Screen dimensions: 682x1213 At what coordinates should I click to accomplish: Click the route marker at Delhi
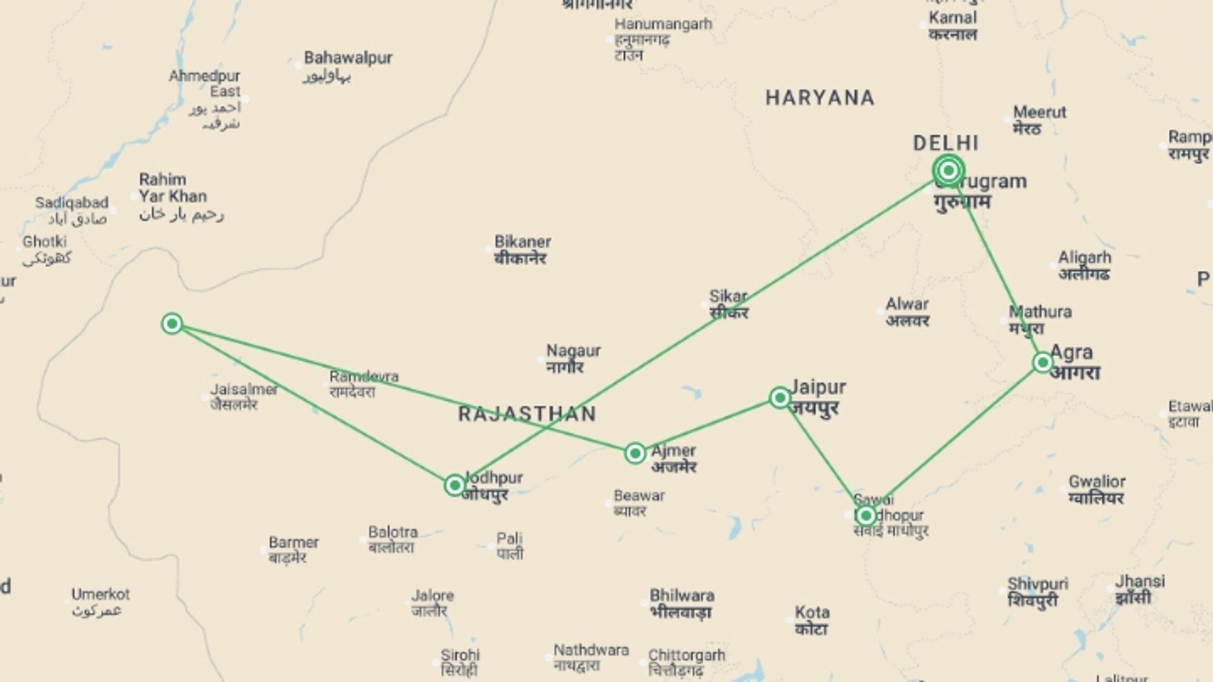click(x=948, y=170)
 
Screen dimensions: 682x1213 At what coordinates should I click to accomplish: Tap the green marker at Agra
click(x=1043, y=362)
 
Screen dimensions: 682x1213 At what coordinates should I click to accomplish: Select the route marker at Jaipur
click(x=780, y=397)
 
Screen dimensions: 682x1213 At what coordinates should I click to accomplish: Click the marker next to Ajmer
click(x=635, y=453)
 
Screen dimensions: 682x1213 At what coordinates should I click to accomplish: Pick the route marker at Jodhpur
click(x=455, y=485)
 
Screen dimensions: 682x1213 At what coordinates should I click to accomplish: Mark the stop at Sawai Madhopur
click(x=866, y=515)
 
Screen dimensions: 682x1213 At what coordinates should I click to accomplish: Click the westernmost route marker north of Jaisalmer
click(x=172, y=324)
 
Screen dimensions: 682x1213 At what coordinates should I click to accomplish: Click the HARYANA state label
click(x=819, y=98)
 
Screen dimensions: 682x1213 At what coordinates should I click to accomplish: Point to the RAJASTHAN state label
click(x=527, y=414)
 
